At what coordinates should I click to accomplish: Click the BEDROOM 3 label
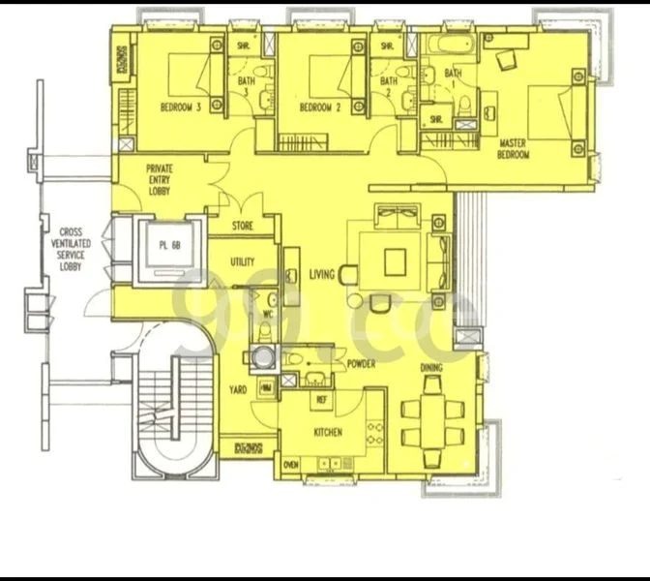[180, 107]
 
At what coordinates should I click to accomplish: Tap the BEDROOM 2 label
[320, 107]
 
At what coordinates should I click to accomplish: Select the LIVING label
[321, 275]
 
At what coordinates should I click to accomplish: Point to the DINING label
[431, 369]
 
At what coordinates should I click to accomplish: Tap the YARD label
[238, 389]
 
